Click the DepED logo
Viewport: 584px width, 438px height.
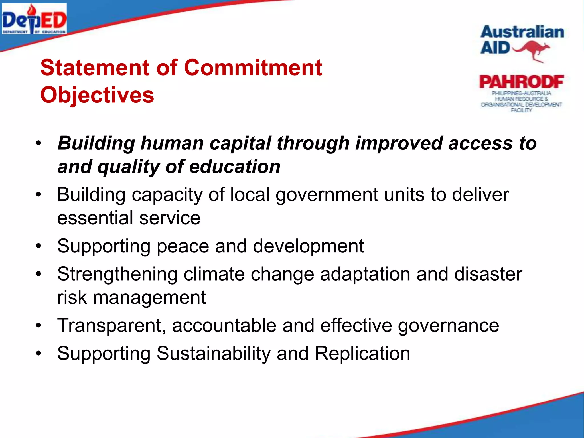click(34, 19)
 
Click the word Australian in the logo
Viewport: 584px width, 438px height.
click(522, 32)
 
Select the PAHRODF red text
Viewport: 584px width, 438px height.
click(521, 82)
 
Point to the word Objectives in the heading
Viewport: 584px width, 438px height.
click(97, 95)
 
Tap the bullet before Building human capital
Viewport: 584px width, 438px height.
click(39, 143)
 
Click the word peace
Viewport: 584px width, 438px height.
click(183, 246)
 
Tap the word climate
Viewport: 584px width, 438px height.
click(214, 274)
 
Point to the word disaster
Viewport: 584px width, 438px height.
click(488, 274)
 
